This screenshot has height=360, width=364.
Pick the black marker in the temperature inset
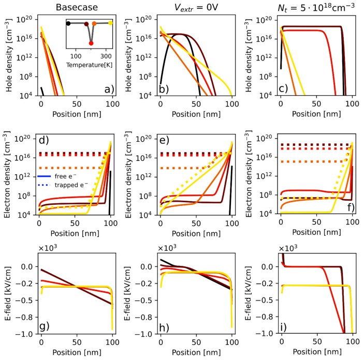click(x=68, y=23)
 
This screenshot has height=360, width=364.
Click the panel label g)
click(x=45, y=326)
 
